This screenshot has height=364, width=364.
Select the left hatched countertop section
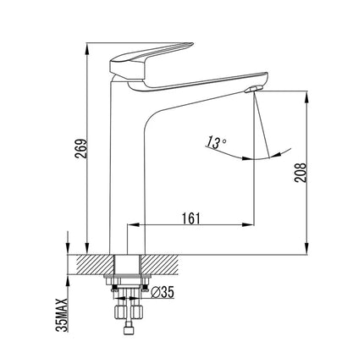(x=90, y=263)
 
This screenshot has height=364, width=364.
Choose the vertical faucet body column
(x=127, y=169)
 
